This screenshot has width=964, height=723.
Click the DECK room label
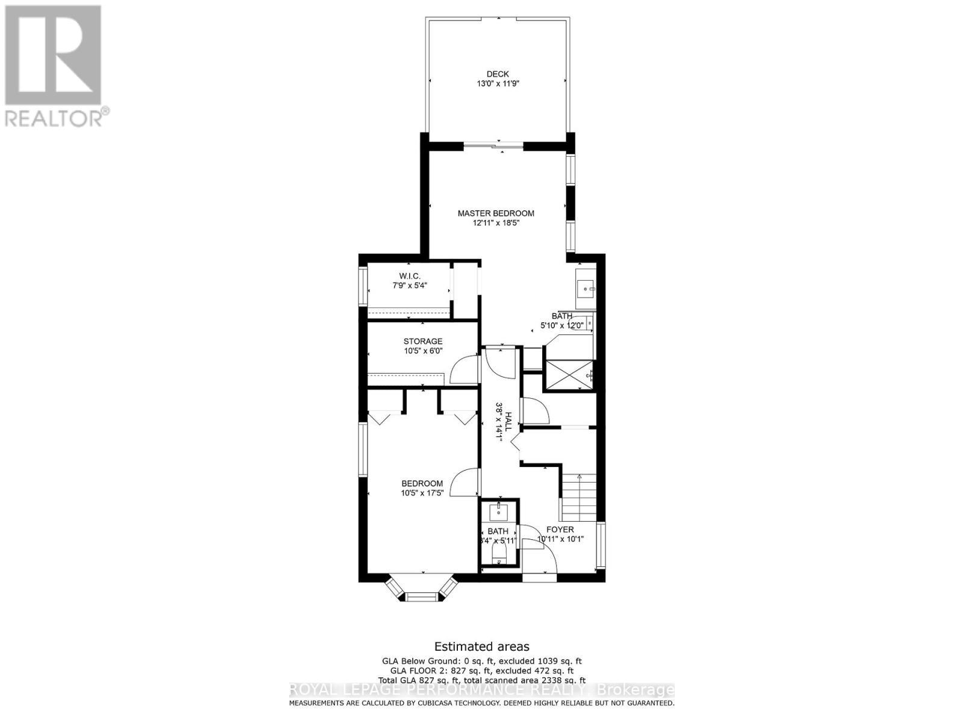[498, 74]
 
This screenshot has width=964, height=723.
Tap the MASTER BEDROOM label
[496, 213]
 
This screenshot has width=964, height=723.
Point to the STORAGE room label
[423, 342]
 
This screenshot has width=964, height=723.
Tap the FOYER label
[560, 530]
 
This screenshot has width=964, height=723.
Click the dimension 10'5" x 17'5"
[422, 493]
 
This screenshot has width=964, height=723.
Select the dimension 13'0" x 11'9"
[498, 84]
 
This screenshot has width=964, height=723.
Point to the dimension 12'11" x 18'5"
[496, 223]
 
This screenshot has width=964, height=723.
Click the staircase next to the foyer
[578, 497]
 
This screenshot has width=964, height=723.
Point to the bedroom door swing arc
[466, 482]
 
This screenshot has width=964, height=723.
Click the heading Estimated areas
[482, 646]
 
